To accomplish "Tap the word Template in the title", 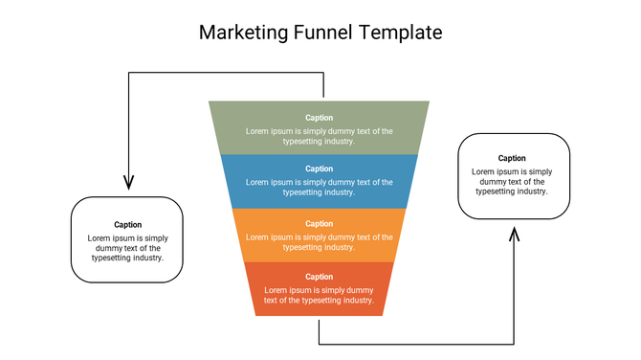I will click(402, 32).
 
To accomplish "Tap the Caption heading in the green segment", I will click(320, 118).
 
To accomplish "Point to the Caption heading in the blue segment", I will click(320, 169).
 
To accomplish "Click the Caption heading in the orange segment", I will click(320, 223).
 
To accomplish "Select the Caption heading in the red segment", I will click(320, 277).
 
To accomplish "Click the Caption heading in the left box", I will click(127, 225).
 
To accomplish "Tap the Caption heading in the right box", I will click(512, 158).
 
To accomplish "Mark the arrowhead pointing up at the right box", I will click(515, 235).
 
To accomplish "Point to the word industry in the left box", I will click(144, 258).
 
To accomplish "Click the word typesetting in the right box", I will click(495, 191).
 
